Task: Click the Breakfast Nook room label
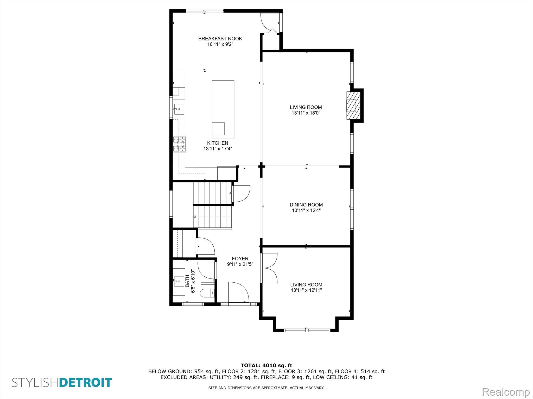220,39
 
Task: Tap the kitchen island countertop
223,110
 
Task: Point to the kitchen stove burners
180,144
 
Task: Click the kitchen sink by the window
179,109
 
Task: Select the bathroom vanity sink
179,281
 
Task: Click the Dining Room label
306,205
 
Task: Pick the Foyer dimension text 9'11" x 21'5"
240,264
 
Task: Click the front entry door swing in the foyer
239,292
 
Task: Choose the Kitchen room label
218,143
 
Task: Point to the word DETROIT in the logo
86,383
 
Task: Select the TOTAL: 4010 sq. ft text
266,365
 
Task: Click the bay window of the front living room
306,330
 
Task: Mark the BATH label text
187,281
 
